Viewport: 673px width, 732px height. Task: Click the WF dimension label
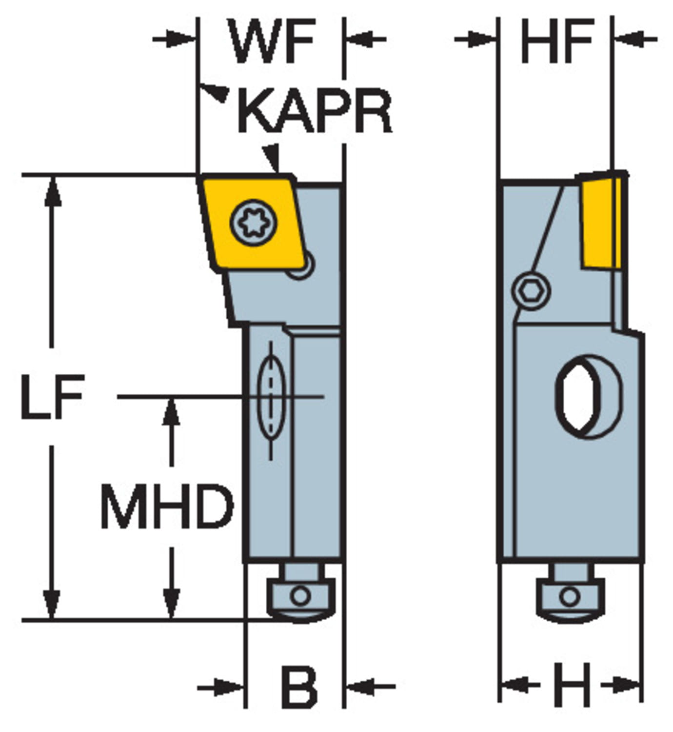tap(272, 41)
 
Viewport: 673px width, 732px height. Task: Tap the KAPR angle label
tap(315, 112)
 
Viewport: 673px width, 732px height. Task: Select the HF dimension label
tap(557, 41)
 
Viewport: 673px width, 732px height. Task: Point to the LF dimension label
tap(53, 396)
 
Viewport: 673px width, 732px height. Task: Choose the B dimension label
tap(298, 687)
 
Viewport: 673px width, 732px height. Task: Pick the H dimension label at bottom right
tap(572, 685)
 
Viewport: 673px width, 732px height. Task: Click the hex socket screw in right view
tap(531, 291)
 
